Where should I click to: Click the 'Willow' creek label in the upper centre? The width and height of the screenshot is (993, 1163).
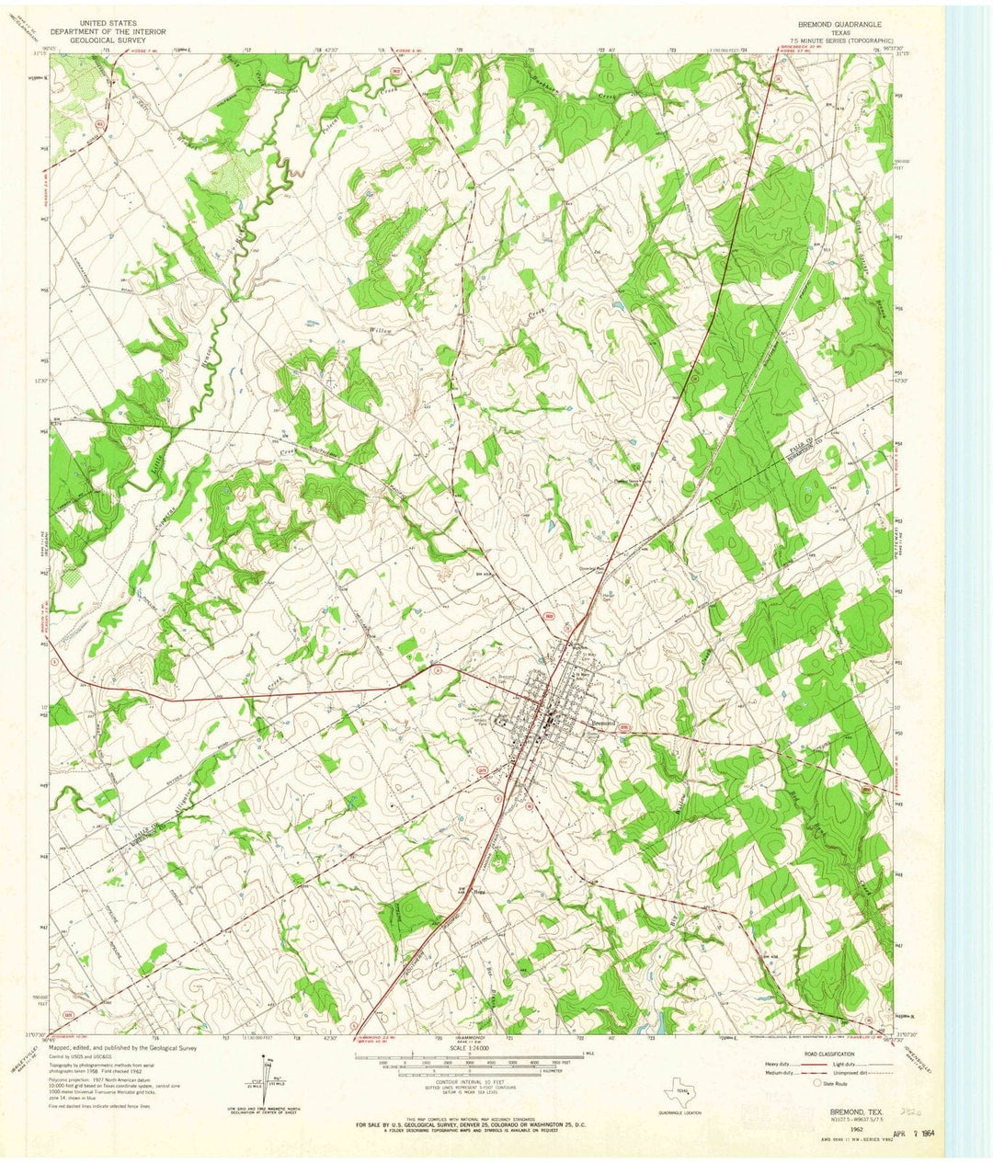click(x=381, y=330)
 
